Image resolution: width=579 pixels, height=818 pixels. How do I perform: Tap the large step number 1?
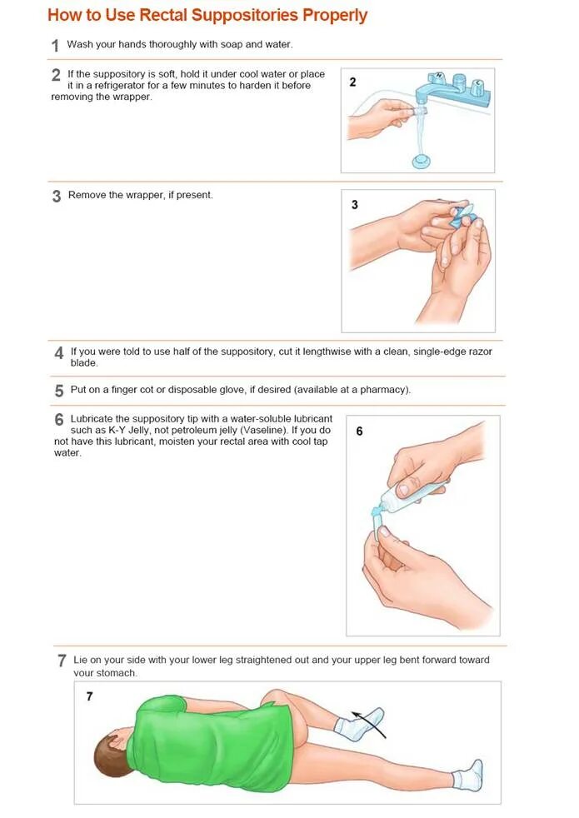[x=55, y=46]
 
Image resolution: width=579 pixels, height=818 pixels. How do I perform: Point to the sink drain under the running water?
[x=423, y=161]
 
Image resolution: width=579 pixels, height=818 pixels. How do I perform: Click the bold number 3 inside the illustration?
[x=355, y=205]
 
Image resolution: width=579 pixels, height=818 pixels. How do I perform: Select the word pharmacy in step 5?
[x=382, y=390]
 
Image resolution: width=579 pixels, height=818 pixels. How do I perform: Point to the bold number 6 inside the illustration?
[x=359, y=431]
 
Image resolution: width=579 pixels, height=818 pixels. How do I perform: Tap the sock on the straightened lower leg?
[x=468, y=777]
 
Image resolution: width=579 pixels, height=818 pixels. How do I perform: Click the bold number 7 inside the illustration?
[x=90, y=696]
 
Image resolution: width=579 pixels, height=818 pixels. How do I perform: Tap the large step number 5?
[x=59, y=391]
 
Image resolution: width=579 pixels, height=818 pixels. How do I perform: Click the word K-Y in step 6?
[x=117, y=431]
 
